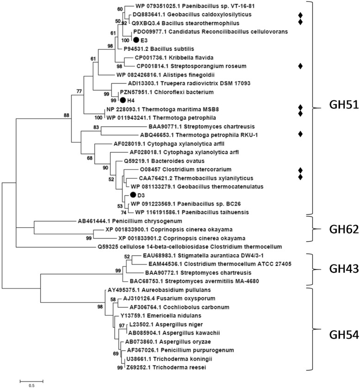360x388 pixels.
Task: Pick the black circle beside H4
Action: [x=123, y=100]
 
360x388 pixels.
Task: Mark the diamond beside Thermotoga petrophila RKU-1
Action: [x=301, y=134]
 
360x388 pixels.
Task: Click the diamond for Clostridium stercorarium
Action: [x=301, y=169]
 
